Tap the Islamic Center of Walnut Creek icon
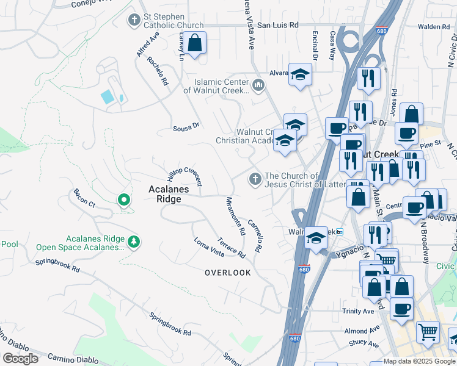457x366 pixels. click(x=258, y=84)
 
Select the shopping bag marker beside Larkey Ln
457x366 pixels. click(x=195, y=44)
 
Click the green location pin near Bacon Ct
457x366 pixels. click(x=123, y=199)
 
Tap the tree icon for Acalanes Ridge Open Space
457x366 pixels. click(x=134, y=242)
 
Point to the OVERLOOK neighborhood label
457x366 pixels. click(x=227, y=273)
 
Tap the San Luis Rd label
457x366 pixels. click(x=277, y=26)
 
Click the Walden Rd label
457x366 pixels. click(x=434, y=27)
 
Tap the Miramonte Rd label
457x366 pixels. click(x=235, y=216)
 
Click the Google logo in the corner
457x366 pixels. click(x=20, y=358)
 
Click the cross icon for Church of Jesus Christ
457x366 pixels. click(x=255, y=179)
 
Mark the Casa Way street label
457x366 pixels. click(x=332, y=45)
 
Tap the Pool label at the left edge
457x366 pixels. click(x=10, y=244)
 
